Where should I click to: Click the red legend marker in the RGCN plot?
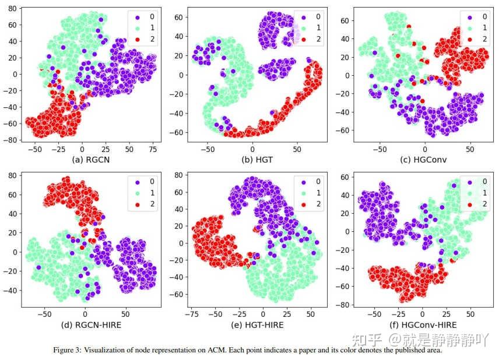(134, 39)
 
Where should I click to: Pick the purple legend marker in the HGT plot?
(301, 16)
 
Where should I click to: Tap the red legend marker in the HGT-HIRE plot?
(301, 204)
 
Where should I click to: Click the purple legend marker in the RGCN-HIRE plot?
(134, 181)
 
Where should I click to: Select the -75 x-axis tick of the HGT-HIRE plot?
(191, 313)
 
